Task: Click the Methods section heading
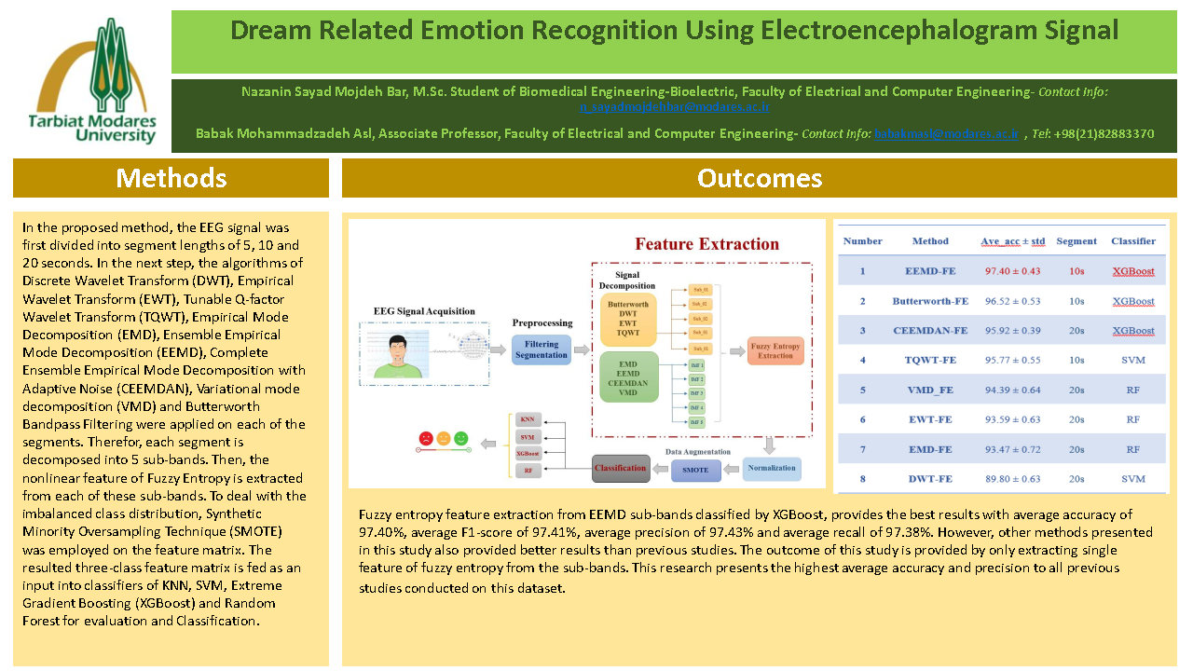(x=171, y=178)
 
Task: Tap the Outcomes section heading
(x=759, y=178)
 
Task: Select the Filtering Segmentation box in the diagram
(x=541, y=349)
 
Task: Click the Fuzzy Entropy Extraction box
(x=775, y=349)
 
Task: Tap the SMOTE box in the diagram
(x=695, y=469)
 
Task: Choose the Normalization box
(x=772, y=468)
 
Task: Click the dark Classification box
(x=621, y=468)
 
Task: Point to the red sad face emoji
(x=425, y=437)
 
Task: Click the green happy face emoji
(x=461, y=437)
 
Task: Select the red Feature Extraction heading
(x=706, y=244)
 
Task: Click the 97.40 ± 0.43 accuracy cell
(x=1012, y=271)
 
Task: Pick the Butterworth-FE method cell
(x=930, y=301)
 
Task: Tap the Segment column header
(x=1076, y=240)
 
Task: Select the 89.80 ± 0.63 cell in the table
(x=1012, y=478)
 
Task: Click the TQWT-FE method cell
(x=930, y=360)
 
